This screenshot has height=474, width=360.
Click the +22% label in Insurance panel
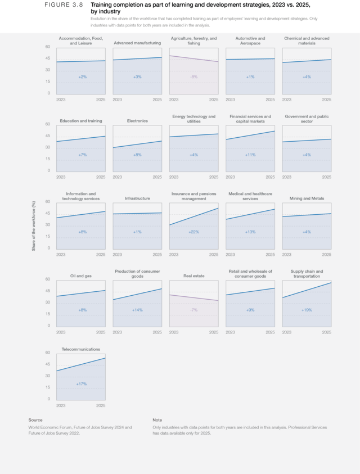coord(194,232)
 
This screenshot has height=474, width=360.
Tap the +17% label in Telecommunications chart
coord(81,384)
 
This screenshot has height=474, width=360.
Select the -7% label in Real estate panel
coord(194,310)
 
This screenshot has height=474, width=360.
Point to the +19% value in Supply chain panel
coord(307,310)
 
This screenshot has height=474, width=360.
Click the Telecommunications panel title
coord(81,349)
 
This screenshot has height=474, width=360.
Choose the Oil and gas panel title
coord(81,276)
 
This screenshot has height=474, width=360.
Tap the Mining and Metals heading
coord(307,198)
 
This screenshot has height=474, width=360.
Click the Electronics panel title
coord(137,121)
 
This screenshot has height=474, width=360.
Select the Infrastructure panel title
coord(137,198)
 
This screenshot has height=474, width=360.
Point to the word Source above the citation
coord(35,420)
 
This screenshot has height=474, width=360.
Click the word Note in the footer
coord(157,420)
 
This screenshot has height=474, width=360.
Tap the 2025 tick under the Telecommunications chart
coord(101,405)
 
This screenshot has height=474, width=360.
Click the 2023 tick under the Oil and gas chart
coord(61,332)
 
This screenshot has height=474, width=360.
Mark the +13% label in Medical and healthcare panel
coord(250,232)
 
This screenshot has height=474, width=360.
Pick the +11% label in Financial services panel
coord(250,155)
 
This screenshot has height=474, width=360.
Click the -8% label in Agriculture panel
coord(194,76)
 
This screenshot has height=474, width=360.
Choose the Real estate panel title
coord(194,276)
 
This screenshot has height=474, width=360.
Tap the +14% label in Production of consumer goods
coord(137,310)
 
